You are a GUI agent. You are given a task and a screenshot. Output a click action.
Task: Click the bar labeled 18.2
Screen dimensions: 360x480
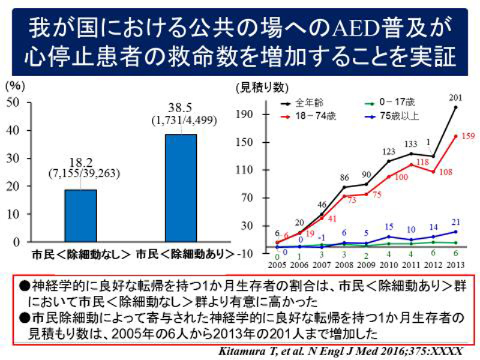click(x=80, y=215)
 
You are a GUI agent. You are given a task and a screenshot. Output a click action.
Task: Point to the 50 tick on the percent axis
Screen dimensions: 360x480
click(x=14, y=103)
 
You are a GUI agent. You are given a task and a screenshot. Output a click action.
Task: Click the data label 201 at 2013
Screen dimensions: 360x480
click(x=456, y=98)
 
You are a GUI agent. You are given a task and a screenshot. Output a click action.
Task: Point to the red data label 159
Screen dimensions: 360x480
click(x=469, y=136)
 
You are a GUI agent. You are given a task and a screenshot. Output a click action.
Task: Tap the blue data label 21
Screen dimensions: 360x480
click(x=457, y=222)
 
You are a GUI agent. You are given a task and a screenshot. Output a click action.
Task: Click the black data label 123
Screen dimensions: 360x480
click(x=388, y=152)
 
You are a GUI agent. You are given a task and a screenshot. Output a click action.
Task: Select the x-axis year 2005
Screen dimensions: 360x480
click(x=277, y=265)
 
